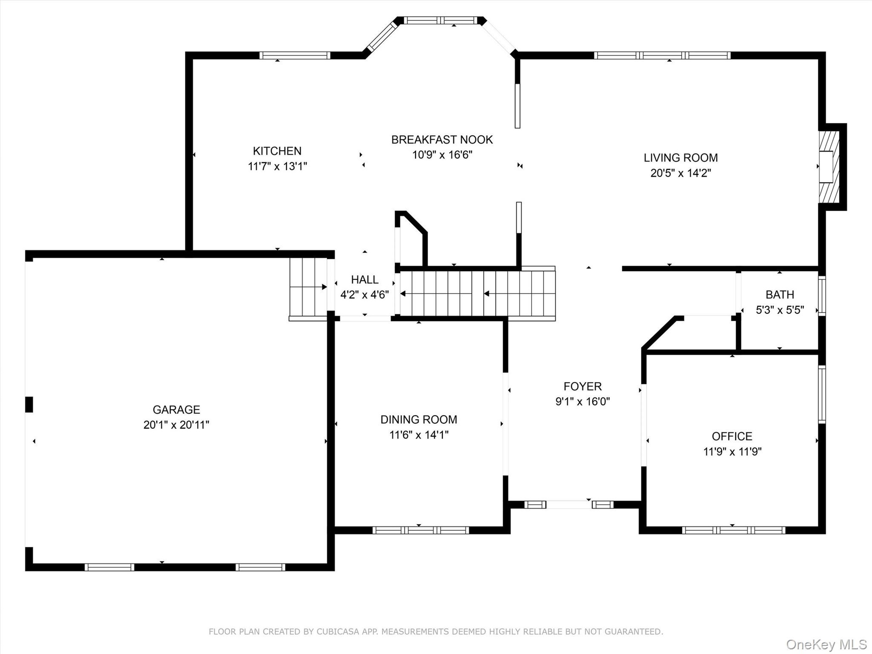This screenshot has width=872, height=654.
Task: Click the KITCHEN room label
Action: click(x=277, y=151)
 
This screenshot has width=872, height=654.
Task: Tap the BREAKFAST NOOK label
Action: click(x=442, y=139)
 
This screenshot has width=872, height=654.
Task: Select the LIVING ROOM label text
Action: click(x=680, y=158)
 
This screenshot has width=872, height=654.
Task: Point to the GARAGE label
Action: click(x=176, y=410)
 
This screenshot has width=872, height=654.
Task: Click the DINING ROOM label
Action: click(x=419, y=420)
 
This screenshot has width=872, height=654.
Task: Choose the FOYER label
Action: click(x=583, y=386)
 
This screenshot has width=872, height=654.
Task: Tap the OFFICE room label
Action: click(x=732, y=436)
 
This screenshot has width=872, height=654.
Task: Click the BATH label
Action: click(x=780, y=295)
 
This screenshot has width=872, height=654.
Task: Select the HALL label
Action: click(x=365, y=280)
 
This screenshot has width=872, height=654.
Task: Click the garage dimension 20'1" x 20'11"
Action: click(x=176, y=425)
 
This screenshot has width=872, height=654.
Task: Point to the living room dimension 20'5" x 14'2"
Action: click(x=680, y=173)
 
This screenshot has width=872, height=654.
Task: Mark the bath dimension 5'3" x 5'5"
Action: click(x=780, y=310)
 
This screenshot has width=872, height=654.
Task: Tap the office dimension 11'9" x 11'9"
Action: click(x=732, y=452)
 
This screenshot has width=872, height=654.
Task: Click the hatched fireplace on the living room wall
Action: click(x=829, y=167)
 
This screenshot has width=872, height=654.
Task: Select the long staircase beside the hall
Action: click(x=477, y=293)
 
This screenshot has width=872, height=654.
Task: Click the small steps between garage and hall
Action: click(x=308, y=287)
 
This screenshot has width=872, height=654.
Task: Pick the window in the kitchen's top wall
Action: click(x=295, y=55)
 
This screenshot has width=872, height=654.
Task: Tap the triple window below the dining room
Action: click(x=421, y=530)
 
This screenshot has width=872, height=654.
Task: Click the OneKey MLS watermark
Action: click(x=827, y=644)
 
